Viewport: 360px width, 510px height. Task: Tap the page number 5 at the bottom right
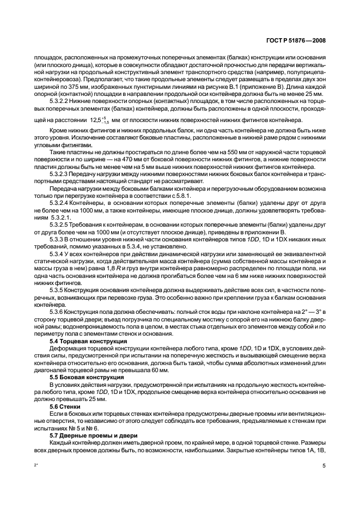(325, 466)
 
